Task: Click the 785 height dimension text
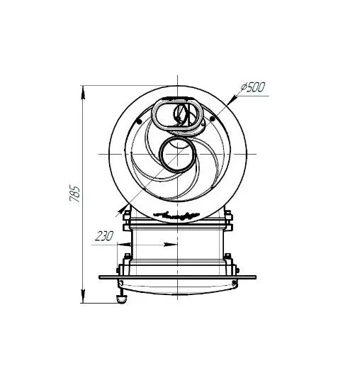(74, 194)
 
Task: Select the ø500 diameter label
(252, 87)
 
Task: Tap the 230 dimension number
(104, 236)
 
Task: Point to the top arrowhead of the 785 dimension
(83, 93)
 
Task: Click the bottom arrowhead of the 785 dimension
(83, 296)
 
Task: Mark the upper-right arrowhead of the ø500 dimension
(233, 98)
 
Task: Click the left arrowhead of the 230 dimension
(124, 244)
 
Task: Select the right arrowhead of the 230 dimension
(170, 244)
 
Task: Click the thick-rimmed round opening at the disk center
(160, 155)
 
